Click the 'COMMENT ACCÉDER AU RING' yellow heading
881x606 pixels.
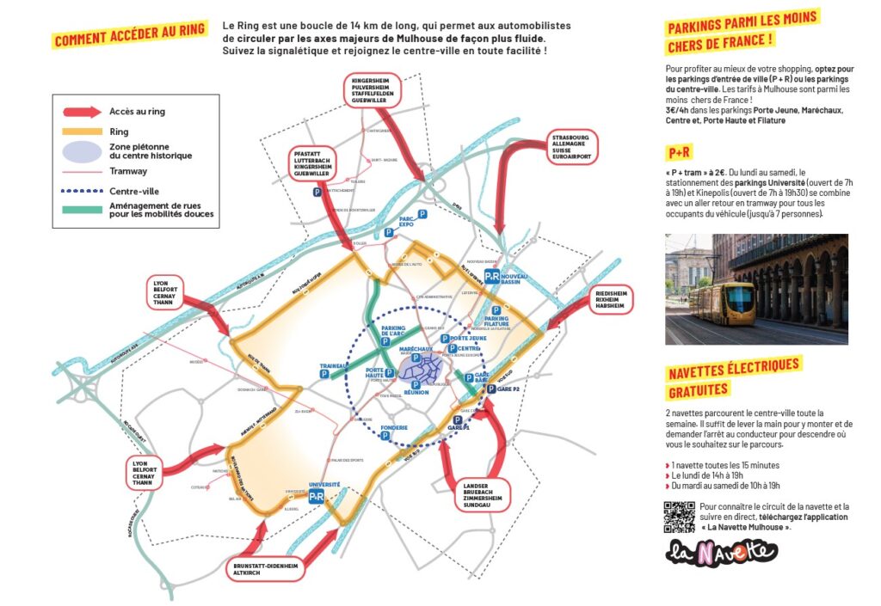(130, 35)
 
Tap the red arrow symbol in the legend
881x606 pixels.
(82, 112)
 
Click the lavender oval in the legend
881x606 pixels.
(82, 150)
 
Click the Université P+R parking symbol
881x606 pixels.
(317, 496)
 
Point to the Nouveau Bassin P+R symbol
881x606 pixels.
(492, 276)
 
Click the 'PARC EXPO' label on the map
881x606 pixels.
(407, 223)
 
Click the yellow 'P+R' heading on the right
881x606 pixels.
(679, 153)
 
